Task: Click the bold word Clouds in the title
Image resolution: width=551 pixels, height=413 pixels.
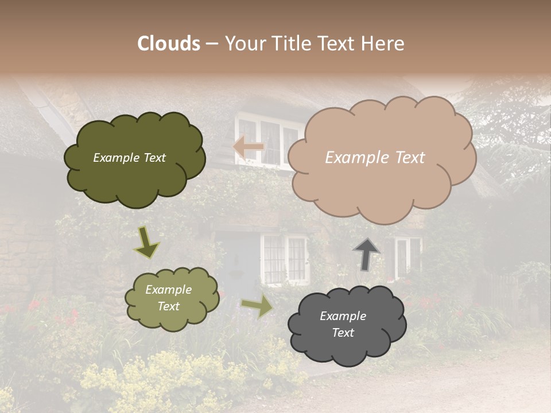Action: click(169, 44)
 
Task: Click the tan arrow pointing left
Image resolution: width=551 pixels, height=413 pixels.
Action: click(249, 147)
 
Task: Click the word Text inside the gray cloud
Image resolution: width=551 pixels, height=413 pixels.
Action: click(343, 333)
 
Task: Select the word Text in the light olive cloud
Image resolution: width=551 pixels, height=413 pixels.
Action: click(168, 306)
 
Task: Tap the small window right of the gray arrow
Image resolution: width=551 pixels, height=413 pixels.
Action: click(408, 255)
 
